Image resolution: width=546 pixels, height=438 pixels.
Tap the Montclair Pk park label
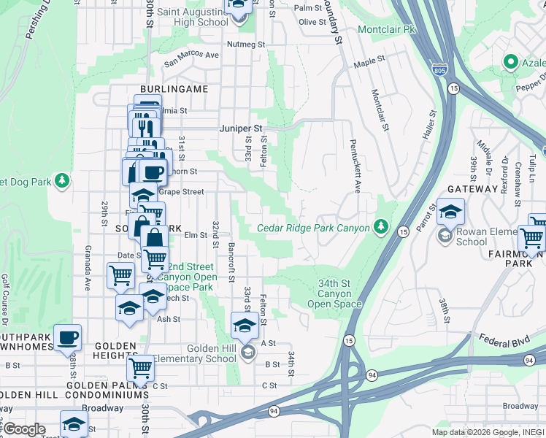(x=386, y=29)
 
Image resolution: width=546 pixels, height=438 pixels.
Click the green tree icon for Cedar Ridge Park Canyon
(x=380, y=228)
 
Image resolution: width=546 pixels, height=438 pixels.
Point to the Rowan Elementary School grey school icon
(x=444, y=236)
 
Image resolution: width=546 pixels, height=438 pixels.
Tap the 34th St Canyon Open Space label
(x=334, y=293)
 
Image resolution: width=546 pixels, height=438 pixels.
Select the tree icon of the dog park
(x=62, y=180)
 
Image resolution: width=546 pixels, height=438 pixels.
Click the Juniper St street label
(x=240, y=128)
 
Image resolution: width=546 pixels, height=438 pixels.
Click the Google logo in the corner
(x=25, y=429)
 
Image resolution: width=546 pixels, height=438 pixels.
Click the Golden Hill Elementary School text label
(x=212, y=353)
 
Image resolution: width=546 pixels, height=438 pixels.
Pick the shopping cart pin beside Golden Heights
(x=139, y=368)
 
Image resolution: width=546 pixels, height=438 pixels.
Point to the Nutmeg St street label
(x=247, y=45)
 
